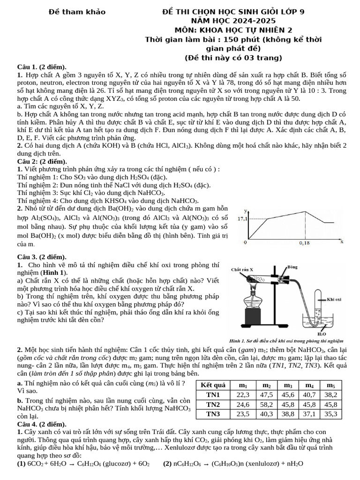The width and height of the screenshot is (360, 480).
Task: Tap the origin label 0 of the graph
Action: point(245,243)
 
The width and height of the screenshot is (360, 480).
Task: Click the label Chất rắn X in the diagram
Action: point(243,270)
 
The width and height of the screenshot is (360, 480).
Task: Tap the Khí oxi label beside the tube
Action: point(334,298)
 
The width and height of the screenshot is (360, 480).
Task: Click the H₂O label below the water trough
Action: point(322,334)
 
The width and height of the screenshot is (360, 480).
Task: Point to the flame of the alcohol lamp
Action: point(257,285)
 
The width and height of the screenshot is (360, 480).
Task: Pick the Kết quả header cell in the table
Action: point(213,384)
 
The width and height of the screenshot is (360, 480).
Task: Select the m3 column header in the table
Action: point(289,384)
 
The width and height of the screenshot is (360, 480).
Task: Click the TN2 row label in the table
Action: point(213,404)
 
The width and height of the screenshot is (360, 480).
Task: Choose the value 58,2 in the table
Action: point(266,404)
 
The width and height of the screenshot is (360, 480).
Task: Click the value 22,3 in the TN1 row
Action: point(243,394)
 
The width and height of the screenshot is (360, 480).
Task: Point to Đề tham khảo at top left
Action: point(77,11)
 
